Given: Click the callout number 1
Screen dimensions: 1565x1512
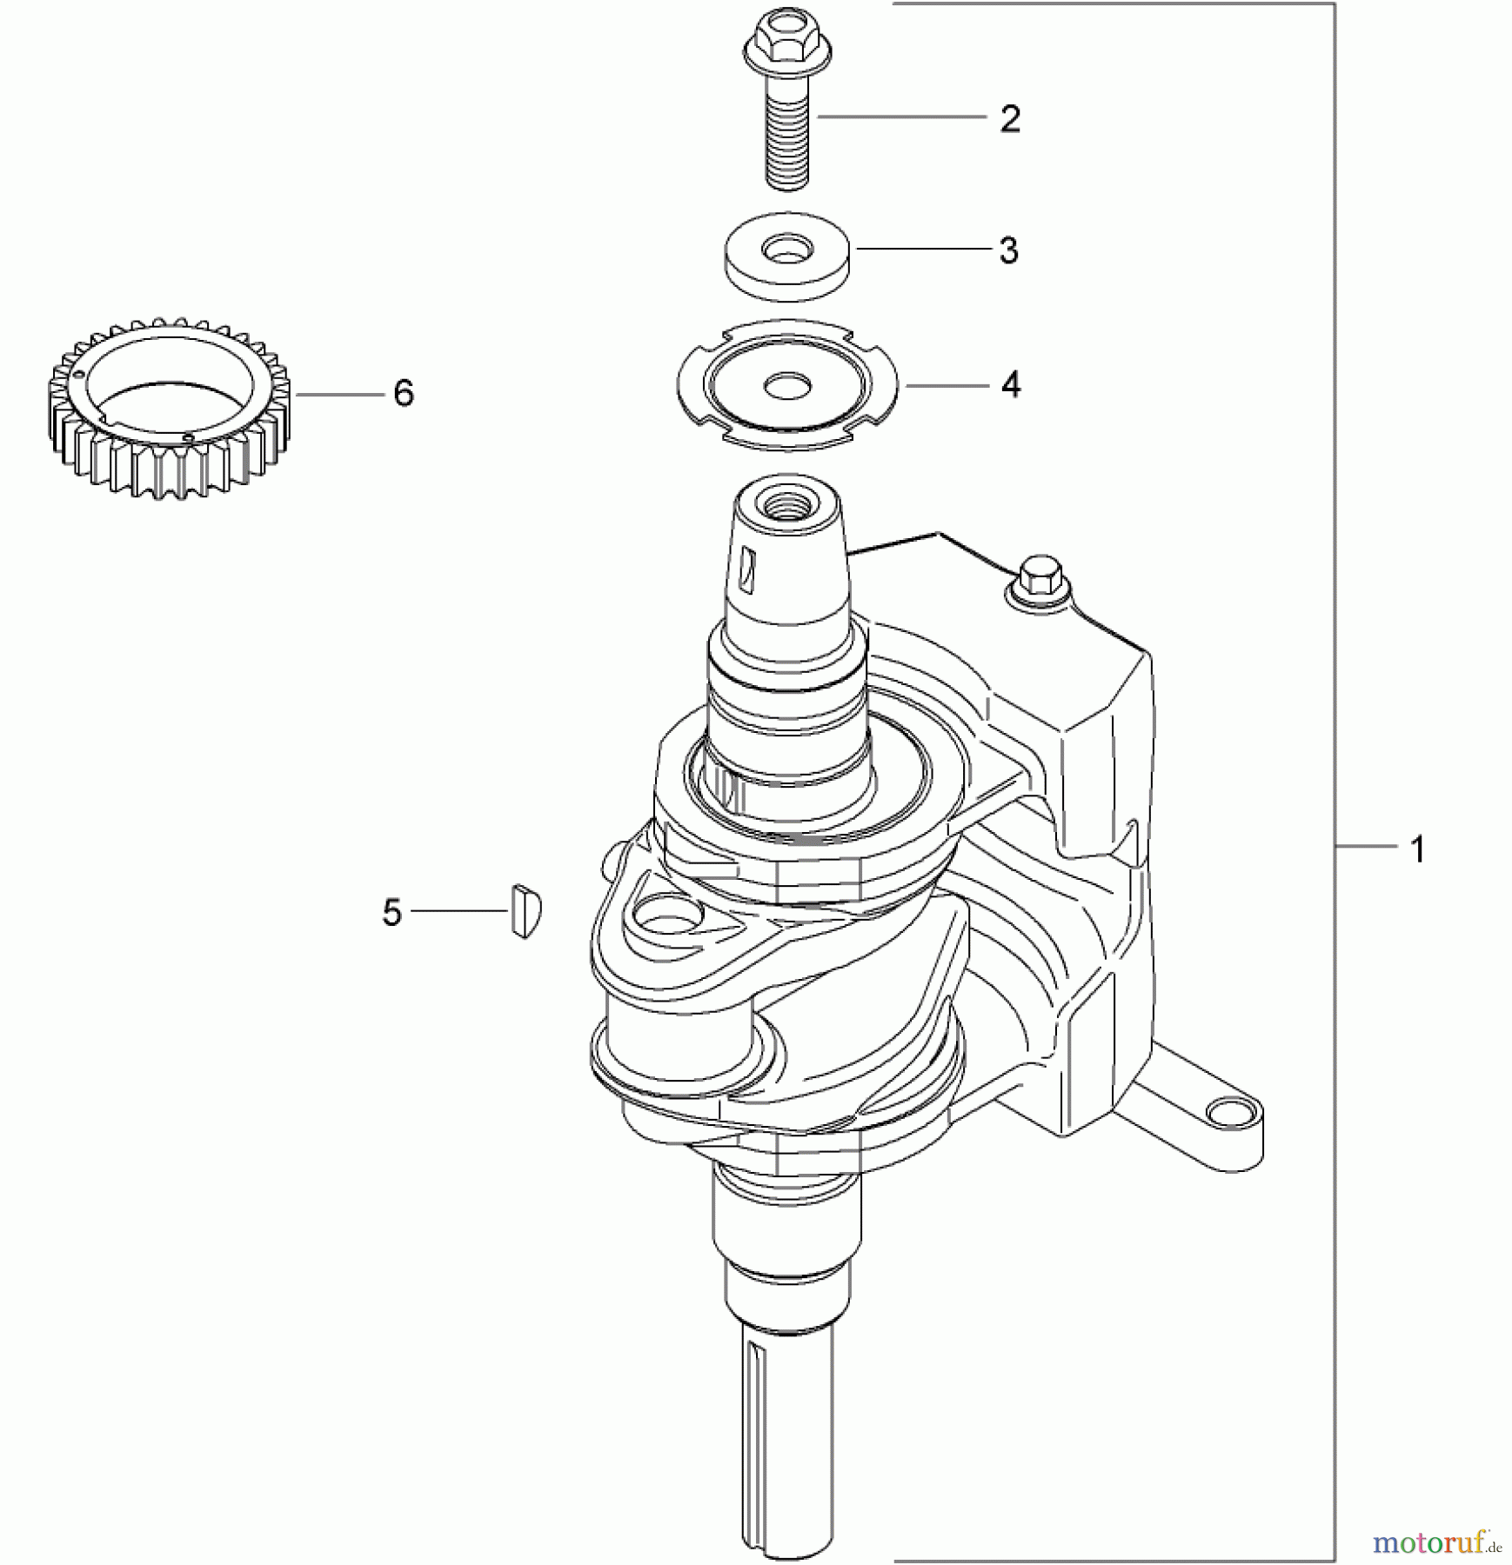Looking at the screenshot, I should [1417, 849].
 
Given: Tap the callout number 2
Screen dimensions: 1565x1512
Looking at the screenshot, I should [1009, 119].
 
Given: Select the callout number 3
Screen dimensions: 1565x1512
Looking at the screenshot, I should [1008, 250].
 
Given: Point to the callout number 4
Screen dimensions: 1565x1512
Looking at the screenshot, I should [1010, 384].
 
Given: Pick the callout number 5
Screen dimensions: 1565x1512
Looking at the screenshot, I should [392, 913].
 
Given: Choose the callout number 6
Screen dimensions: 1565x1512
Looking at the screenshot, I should [403, 394].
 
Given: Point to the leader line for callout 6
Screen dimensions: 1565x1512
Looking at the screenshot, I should [339, 394].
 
